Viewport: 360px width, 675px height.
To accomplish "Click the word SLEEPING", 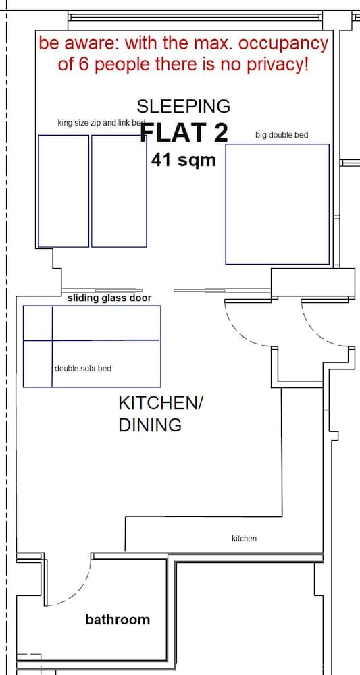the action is pos(184,106).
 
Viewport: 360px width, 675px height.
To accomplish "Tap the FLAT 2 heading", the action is pos(184,132).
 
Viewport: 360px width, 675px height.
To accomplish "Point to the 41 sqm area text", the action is pos(183,160).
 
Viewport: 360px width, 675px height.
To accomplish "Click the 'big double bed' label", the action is pos(282,135).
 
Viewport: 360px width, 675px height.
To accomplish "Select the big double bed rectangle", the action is pos(278,204).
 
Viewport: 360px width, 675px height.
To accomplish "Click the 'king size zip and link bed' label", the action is pos(102,123).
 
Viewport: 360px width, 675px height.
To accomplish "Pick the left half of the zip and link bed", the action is pos(63,191).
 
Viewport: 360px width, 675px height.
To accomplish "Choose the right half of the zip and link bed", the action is pos(120,191).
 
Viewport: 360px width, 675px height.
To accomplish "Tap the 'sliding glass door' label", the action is pos(109,298).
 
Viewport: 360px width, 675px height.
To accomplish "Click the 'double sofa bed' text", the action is pos(83,369).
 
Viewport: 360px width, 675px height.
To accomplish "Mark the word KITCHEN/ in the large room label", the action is pos(160,404).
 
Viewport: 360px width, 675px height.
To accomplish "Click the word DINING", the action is pos(150,425).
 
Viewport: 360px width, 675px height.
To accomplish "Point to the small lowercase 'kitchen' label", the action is pos(244,538).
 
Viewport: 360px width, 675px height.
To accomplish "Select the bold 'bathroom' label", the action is pos(118,620).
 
